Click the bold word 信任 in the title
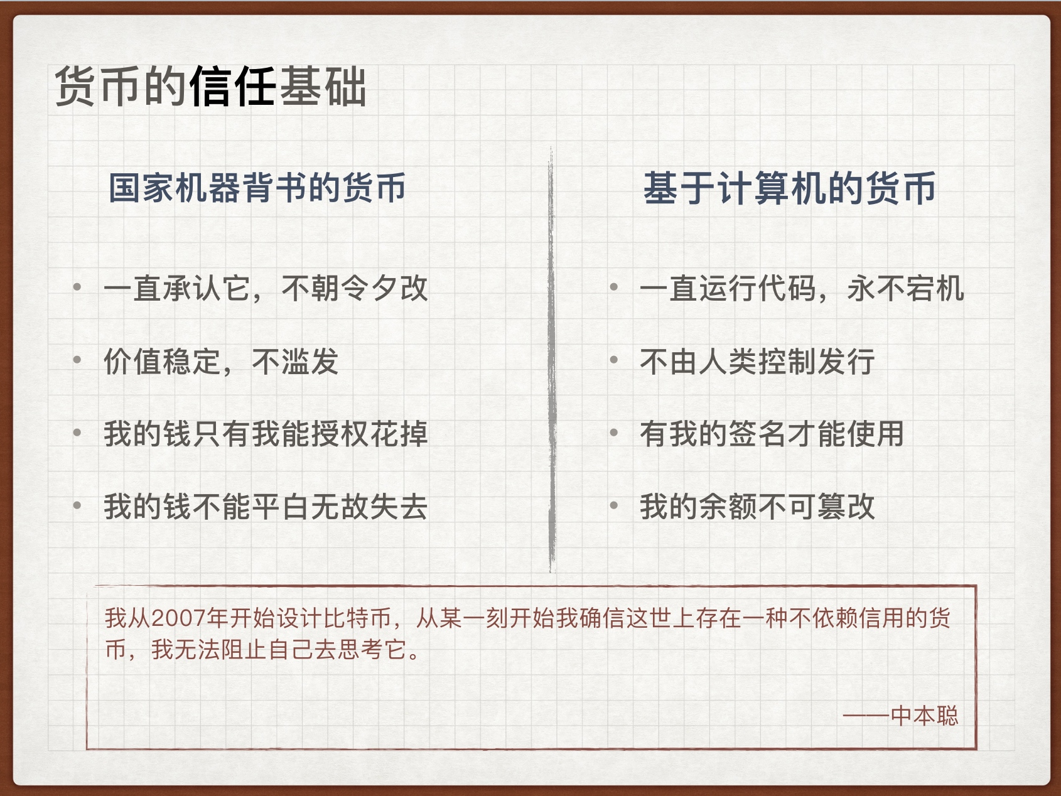[x=232, y=87]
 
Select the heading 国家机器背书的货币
[x=257, y=188]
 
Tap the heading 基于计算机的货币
[x=789, y=188]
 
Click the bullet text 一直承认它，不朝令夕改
[x=266, y=289]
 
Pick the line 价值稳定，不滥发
[x=221, y=362]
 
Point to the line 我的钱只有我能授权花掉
[x=266, y=434]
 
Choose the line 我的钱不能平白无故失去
[x=266, y=507]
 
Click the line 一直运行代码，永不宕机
[x=802, y=289]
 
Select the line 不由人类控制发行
[x=757, y=362]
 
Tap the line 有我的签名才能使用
[x=772, y=434]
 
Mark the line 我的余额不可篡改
[x=757, y=507]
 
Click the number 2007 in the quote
[x=179, y=618]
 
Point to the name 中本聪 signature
[x=924, y=716]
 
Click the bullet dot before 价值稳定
[x=77, y=360]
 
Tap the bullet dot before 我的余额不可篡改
[x=614, y=505]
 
